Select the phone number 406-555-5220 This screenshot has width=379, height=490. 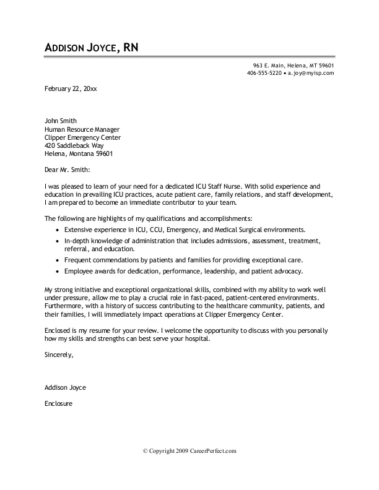tap(264, 73)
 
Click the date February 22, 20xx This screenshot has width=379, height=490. tap(71, 88)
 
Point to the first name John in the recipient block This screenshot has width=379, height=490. tap(53, 121)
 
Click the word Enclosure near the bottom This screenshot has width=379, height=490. tap(59, 403)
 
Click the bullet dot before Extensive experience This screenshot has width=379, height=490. tap(57, 230)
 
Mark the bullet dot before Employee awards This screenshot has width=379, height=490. tap(57, 272)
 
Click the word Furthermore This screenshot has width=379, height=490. tap(64, 306)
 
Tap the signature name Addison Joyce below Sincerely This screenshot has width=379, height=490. tap(66, 387)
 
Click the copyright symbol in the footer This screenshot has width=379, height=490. tap(146, 452)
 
